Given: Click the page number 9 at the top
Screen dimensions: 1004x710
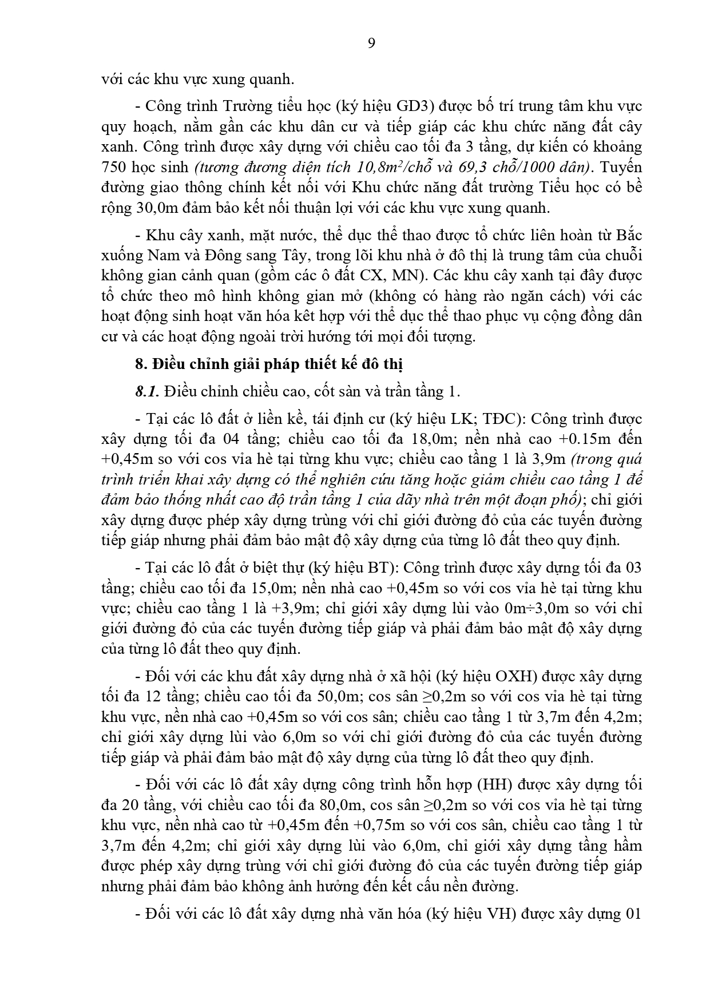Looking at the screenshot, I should [x=371, y=43].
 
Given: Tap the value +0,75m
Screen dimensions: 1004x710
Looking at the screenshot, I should [x=380, y=825].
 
